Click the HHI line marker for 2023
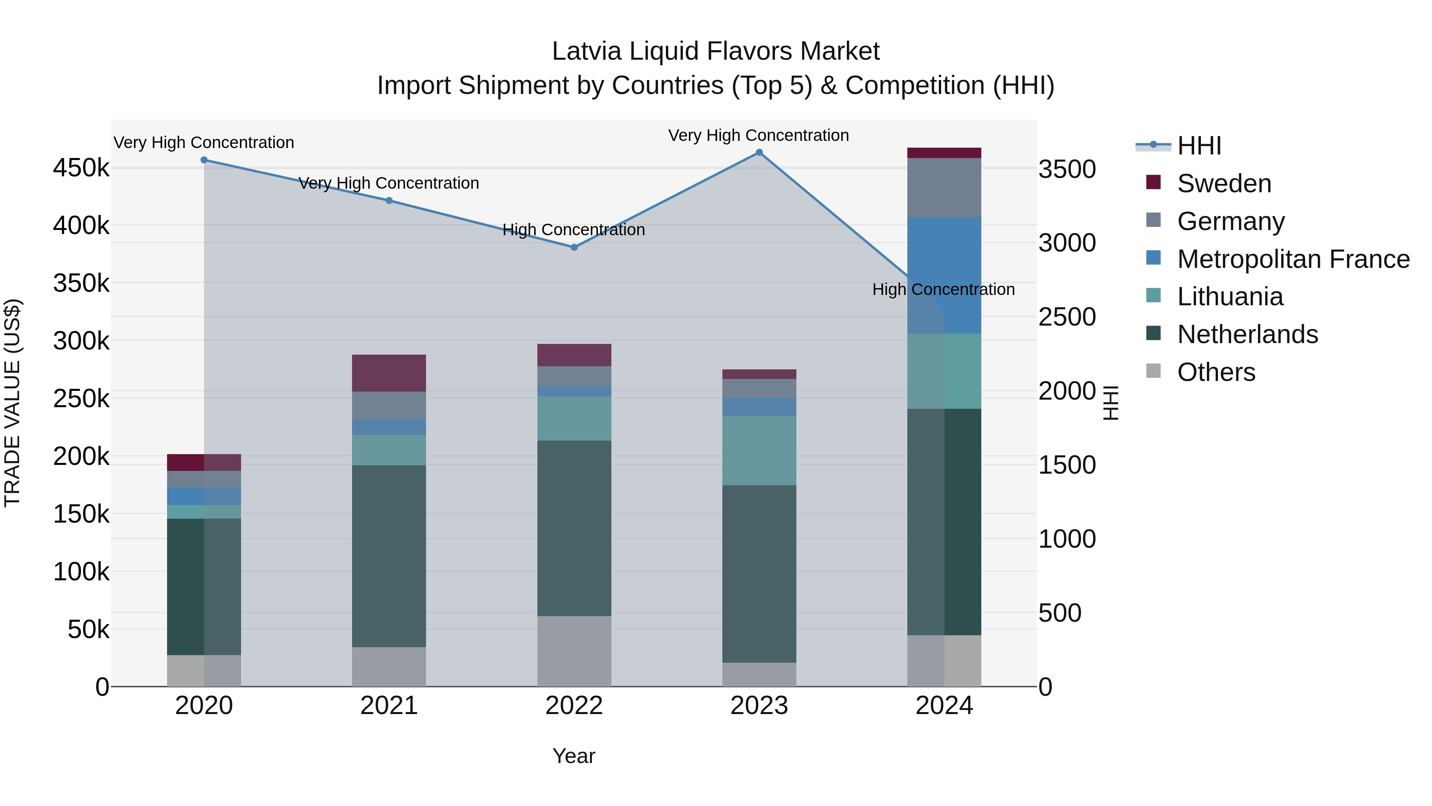[759, 152]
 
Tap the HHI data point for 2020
[204, 160]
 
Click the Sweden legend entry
[1224, 183]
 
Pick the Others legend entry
[1216, 372]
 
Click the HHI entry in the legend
[1199, 146]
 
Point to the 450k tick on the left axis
[81, 168]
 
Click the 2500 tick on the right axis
[1067, 317]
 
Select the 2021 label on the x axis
[389, 706]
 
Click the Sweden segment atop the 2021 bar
[389, 373]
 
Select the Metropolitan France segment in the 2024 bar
[944, 275]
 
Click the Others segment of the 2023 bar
[759, 674]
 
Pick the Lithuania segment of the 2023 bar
[759, 450]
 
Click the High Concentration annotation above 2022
[574, 230]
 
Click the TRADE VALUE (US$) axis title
[12, 403]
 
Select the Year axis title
[574, 756]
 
